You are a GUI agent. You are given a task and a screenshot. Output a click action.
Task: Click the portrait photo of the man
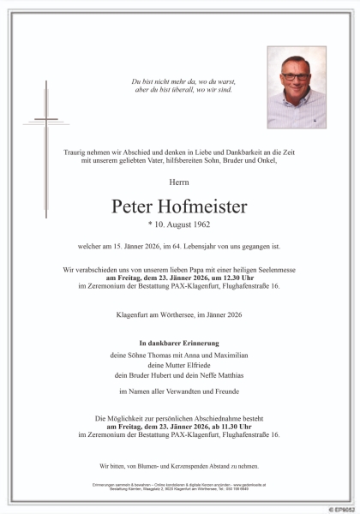coord(296,88)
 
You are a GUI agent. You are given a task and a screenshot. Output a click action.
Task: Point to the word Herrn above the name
coord(179,182)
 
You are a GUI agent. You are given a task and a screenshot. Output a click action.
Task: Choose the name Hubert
coord(171,375)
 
